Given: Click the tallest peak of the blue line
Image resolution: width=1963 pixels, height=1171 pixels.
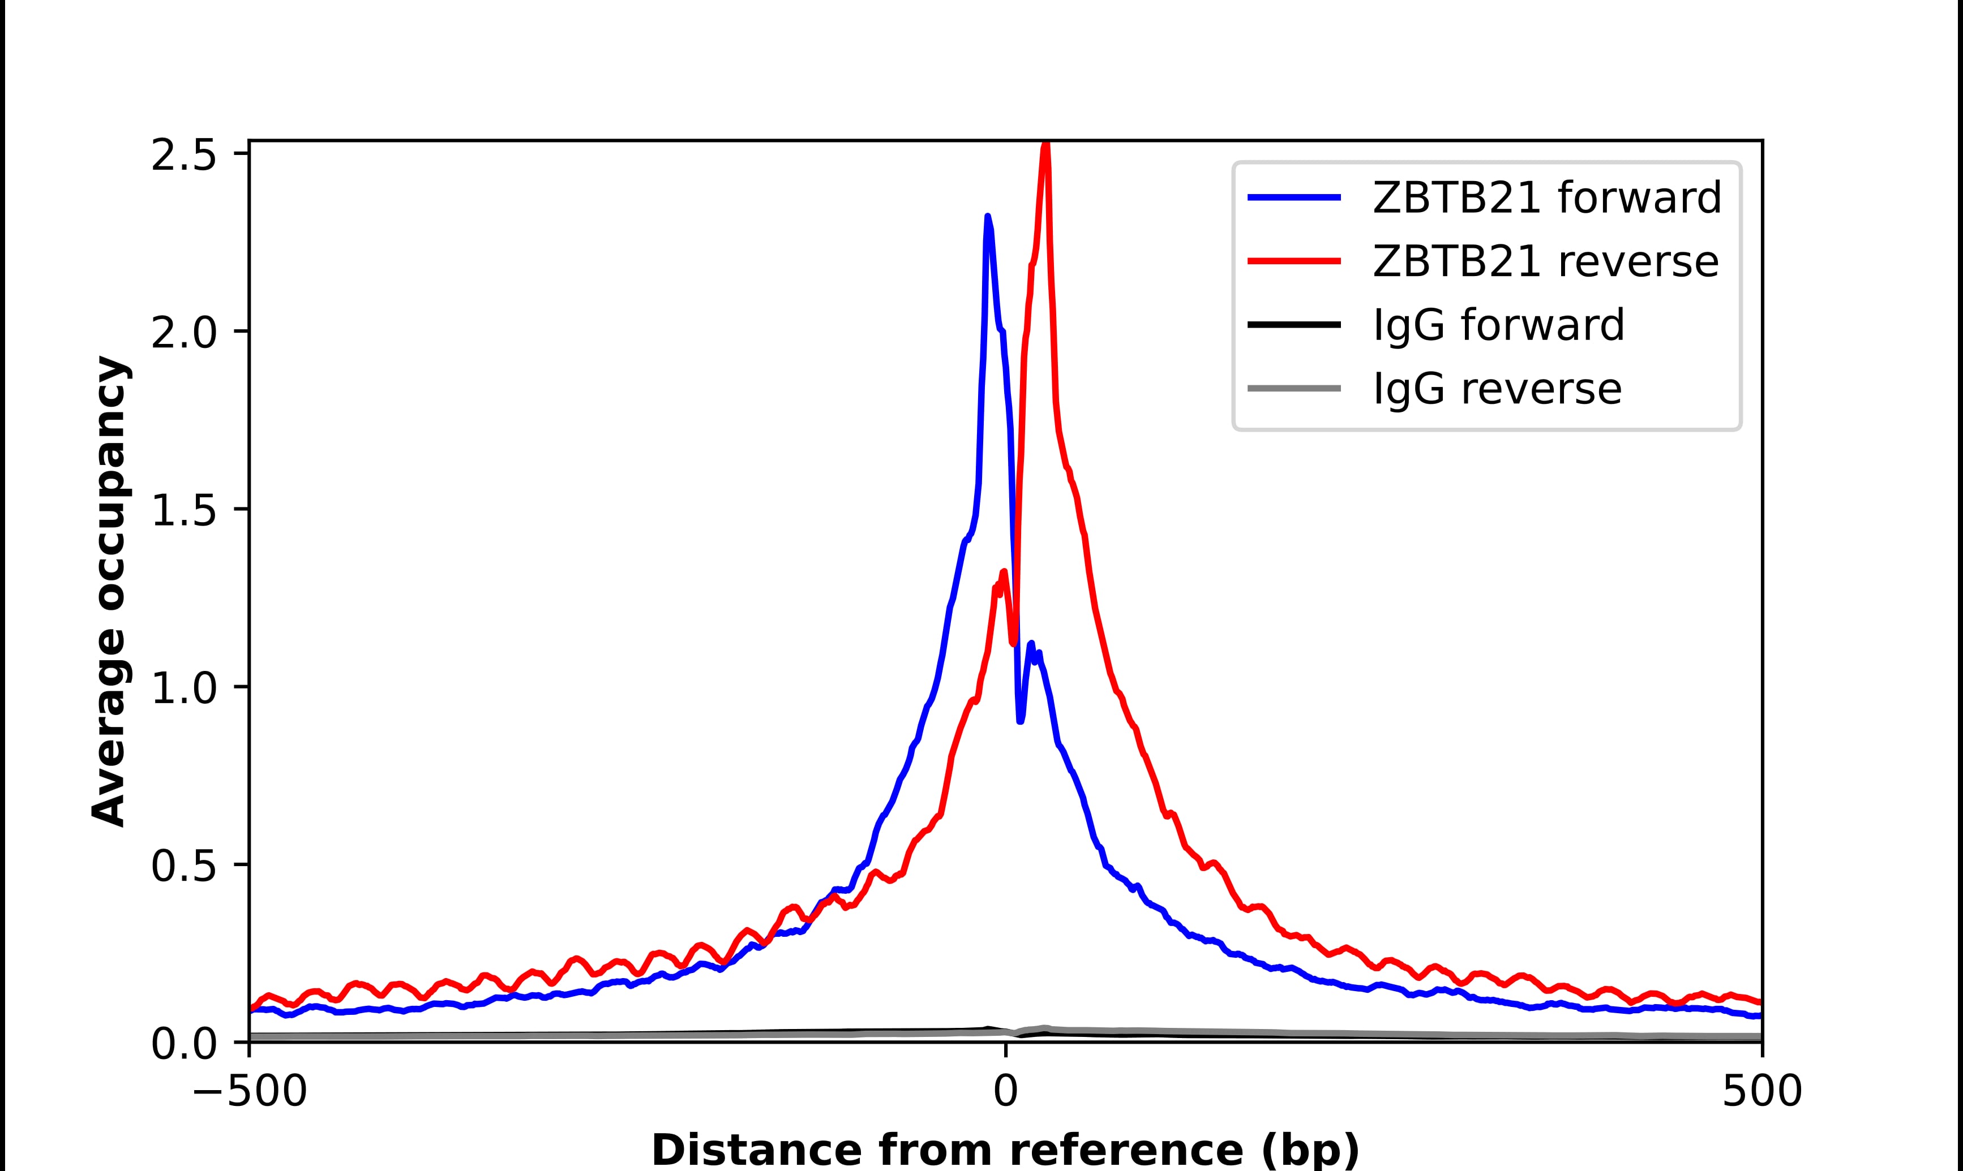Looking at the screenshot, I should [987, 216].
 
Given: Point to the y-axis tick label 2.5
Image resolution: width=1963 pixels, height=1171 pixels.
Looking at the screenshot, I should [183, 156].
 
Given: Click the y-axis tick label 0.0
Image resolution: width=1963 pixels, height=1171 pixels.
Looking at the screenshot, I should [183, 1044].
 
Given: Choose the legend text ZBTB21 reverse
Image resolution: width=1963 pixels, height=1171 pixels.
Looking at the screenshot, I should [1545, 261].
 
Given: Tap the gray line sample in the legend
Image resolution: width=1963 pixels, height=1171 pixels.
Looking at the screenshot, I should [1295, 388].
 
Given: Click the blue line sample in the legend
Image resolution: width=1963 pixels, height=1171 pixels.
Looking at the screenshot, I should [1295, 197].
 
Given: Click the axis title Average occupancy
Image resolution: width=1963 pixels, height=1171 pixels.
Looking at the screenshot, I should [109, 592].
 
